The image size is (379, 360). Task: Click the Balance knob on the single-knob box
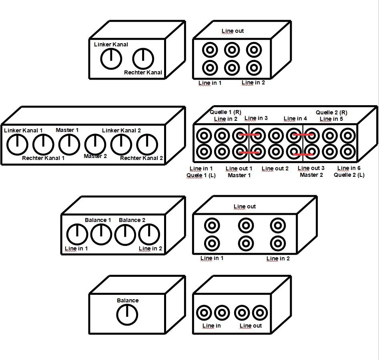point(127,315)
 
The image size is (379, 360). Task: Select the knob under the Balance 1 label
point(101,234)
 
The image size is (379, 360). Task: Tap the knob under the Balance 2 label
point(125,234)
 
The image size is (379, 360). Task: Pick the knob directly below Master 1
point(69,144)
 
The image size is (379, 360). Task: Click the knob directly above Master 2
point(95,144)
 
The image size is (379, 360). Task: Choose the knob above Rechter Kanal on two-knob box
point(143,59)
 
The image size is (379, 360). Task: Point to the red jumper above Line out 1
point(249,152)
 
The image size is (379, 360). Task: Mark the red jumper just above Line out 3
point(303,154)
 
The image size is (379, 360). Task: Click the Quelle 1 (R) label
point(225,112)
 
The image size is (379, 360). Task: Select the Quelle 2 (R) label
point(331,112)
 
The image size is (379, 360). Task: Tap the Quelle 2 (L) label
point(349,175)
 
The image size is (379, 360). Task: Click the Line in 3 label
point(256,118)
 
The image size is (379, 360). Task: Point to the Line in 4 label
point(295,118)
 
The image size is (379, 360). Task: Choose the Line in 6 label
point(349,168)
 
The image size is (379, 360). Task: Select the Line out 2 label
point(275,168)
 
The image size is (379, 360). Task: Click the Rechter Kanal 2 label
point(141,158)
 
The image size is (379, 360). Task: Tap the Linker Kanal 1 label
point(23,130)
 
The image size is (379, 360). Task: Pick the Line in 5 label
point(331,119)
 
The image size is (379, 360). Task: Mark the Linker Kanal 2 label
point(121,130)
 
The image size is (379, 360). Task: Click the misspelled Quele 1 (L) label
point(201,176)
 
